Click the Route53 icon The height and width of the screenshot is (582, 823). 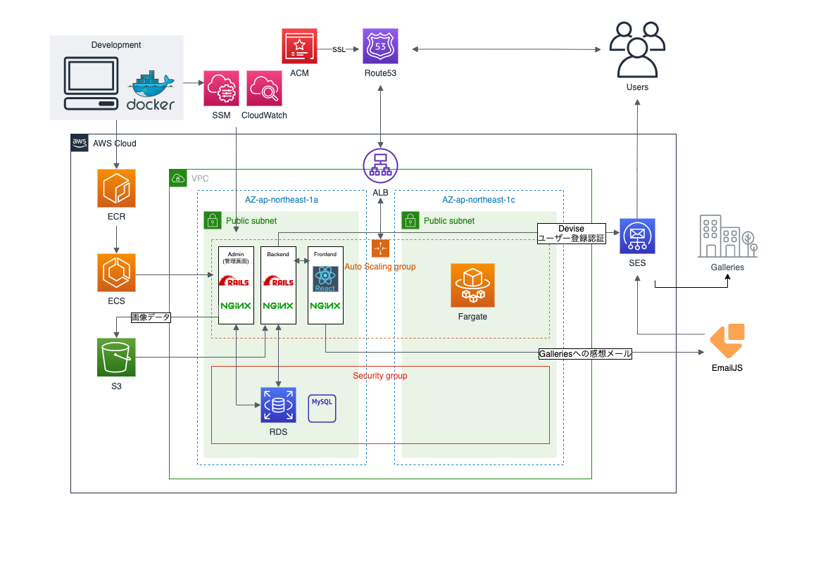click(381, 46)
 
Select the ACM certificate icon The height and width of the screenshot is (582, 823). click(299, 46)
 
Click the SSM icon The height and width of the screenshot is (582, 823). click(222, 88)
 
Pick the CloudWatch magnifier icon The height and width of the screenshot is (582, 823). click(265, 88)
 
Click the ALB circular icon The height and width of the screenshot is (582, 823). click(381, 165)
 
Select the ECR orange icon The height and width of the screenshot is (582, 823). click(116, 188)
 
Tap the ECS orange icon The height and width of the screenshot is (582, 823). click(116, 272)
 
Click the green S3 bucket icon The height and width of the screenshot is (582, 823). click(116, 358)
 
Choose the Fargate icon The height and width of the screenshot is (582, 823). click(472, 285)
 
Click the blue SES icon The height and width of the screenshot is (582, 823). click(637, 236)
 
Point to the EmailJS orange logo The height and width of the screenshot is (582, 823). click(727, 341)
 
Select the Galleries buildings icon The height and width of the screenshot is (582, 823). click(727, 236)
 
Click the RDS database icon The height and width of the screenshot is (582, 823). click(278, 405)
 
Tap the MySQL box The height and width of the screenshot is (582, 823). click(322, 407)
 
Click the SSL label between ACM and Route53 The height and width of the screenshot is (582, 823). click(339, 50)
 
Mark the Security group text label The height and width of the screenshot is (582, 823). click(380, 376)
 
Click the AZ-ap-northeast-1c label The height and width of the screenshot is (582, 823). click(479, 200)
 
